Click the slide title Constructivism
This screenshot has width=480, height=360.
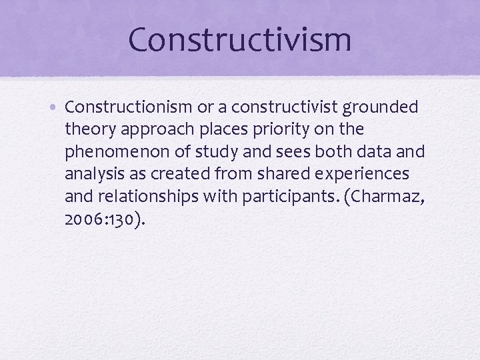tap(239, 39)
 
